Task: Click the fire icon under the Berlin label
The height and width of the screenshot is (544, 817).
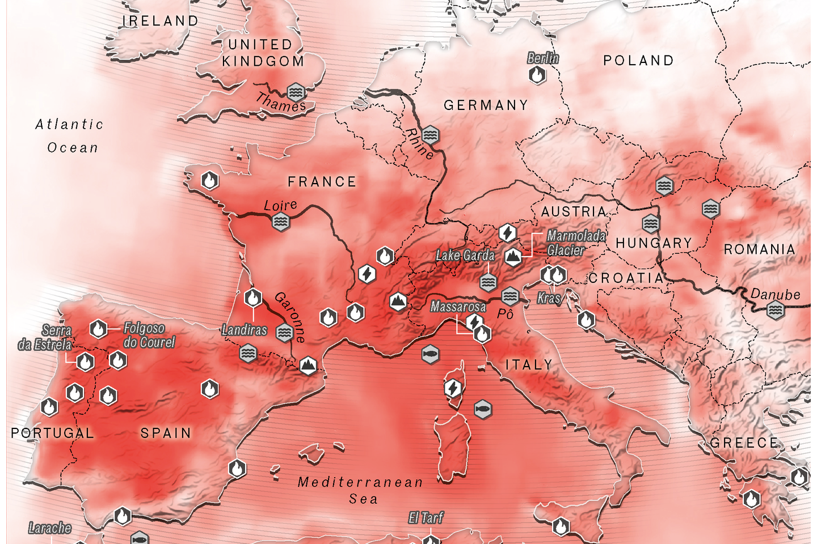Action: (x=537, y=74)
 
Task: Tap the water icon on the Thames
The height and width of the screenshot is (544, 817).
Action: (x=295, y=92)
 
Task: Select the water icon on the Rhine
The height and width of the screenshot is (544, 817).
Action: (x=430, y=135)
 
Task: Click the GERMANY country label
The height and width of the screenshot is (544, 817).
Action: (x=486, y=105)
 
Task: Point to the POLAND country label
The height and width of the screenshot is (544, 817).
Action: (x=638, y=61)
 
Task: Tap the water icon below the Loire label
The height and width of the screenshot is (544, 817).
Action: (x=280, y=222)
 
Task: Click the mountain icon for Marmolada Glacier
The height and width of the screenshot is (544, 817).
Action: (x=513, y=257)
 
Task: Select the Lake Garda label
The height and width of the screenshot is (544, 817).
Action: (x=465, y=256)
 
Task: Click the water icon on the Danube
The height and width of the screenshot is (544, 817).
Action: (x=775, y=311)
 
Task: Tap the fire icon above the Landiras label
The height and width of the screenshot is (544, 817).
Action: (x=253, y=297)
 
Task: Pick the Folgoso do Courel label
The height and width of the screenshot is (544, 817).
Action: (x=149, y=335)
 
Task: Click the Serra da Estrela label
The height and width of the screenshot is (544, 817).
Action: (x=45, y=338)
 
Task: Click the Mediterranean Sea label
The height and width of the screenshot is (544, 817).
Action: (x=361, y=490)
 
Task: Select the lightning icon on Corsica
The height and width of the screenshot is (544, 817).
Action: (x=452, y=389)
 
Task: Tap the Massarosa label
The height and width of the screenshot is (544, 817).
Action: (x=458, y=307)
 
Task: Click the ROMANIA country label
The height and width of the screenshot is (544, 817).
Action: (x=759, y=249)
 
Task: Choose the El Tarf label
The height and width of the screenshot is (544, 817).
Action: (x=426, y=518)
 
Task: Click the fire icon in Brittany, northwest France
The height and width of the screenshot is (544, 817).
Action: (x=210, y=181)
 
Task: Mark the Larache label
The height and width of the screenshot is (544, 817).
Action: (x=50, y=528)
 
